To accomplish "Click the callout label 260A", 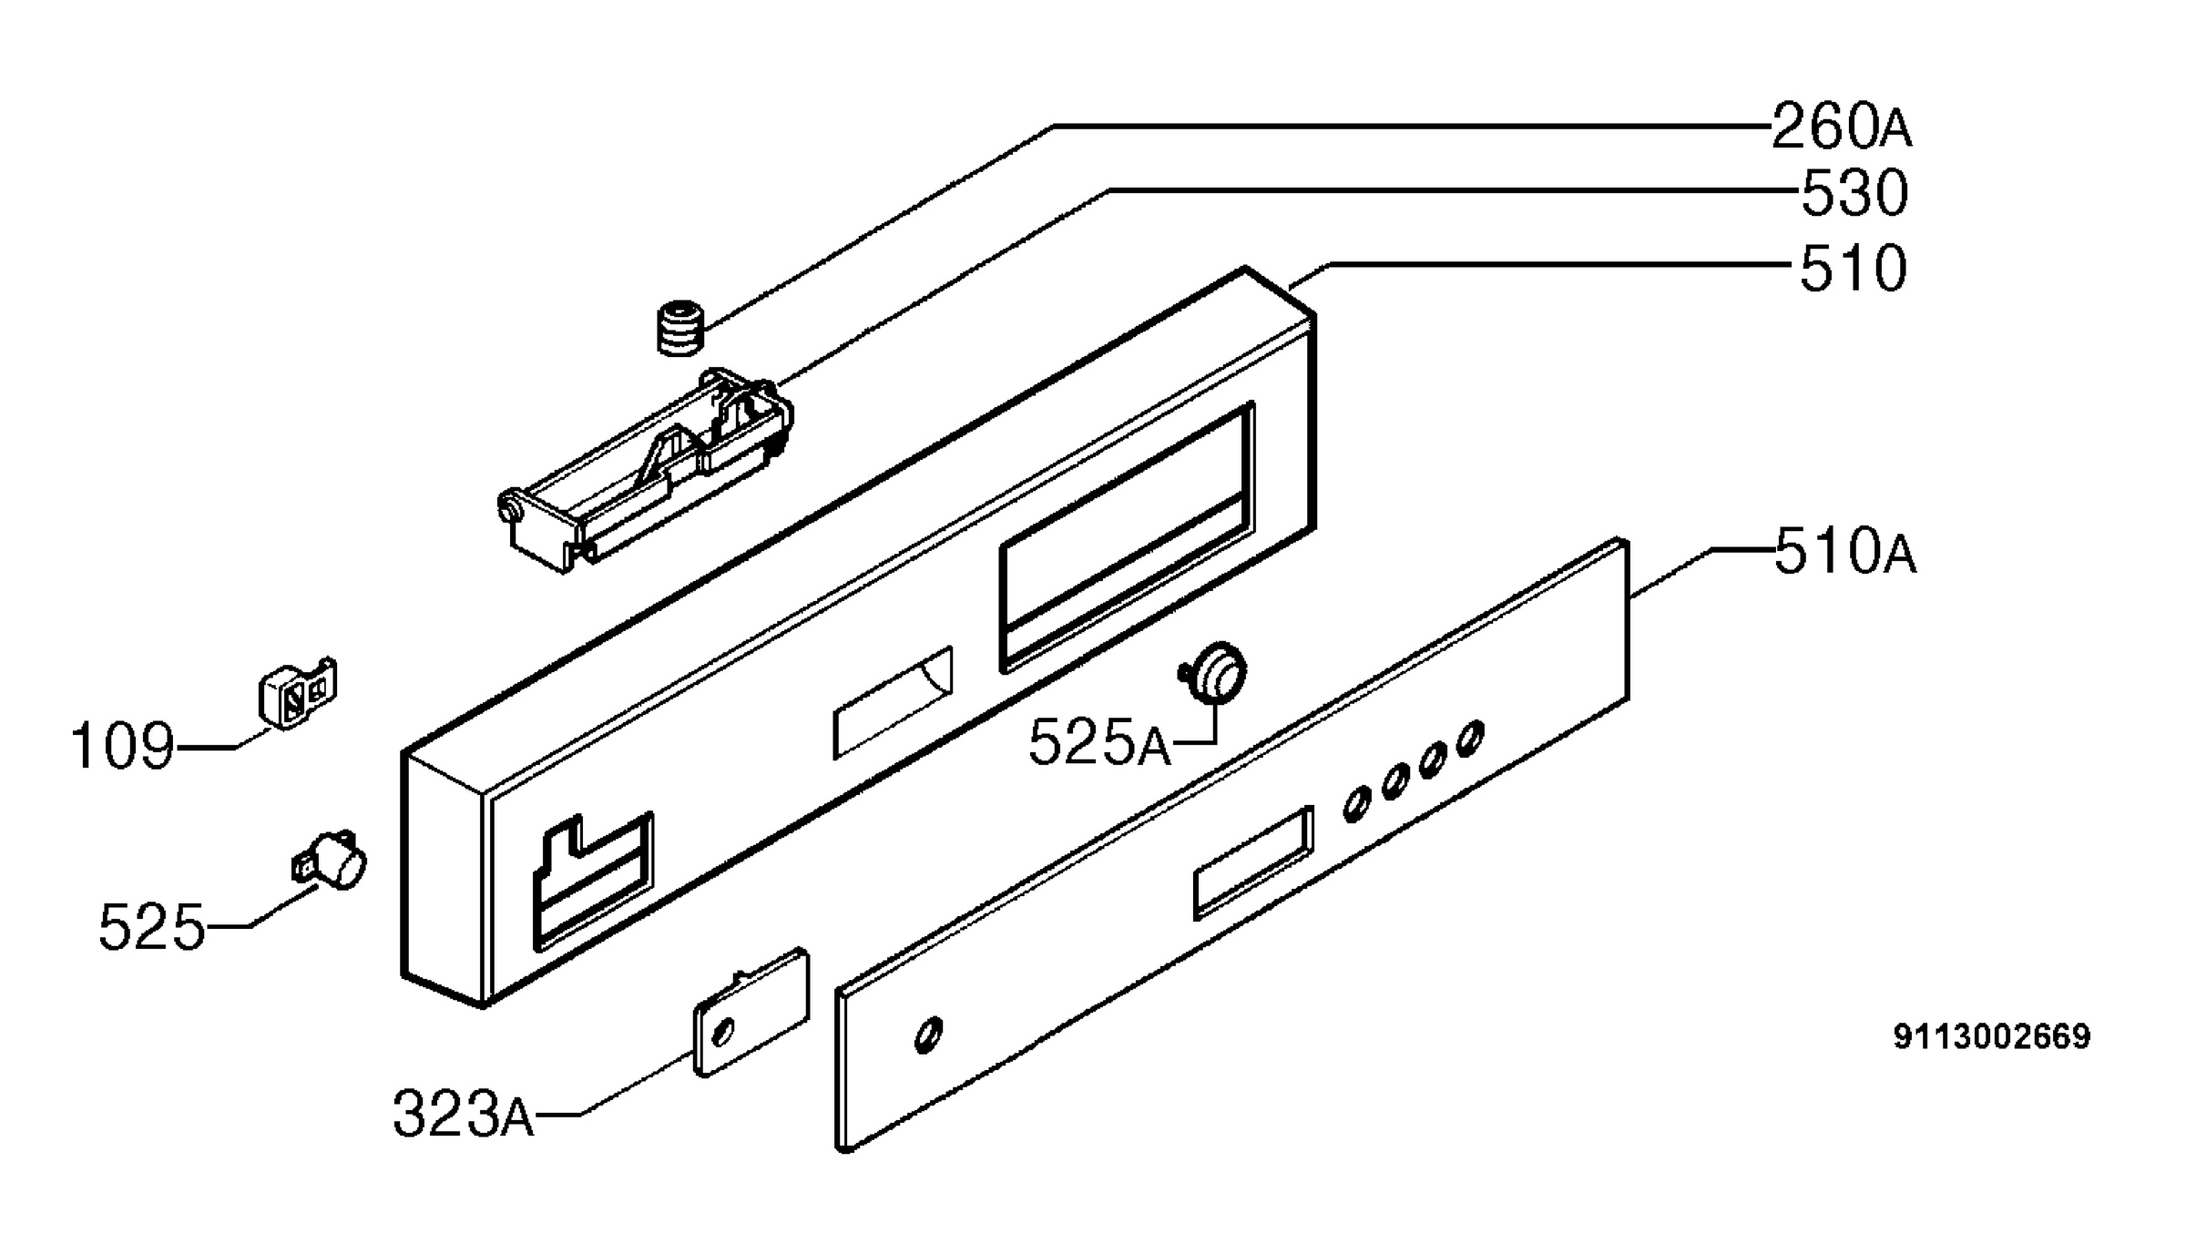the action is [x=1841, y=127].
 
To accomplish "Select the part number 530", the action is [x=1854, y=193].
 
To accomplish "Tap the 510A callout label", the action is [x=1845, y=552].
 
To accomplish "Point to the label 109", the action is [x=122, y=746].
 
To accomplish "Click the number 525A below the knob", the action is [x=1100, y=743].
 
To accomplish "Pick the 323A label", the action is [x=463, y=1114].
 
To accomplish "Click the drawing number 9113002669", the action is [x=1992, y=1036].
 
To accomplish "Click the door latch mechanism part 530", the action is [x=645, y=470].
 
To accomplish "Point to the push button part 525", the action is [x=330, y=861].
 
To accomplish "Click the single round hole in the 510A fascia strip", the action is [x=928, y=1035].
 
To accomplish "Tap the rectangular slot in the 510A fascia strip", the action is [x=1253, y=862].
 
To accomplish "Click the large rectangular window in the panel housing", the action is [x=1128, y=537].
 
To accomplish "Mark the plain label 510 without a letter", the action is [x=1854, y=268].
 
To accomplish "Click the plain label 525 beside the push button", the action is [x=152, y=927].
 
